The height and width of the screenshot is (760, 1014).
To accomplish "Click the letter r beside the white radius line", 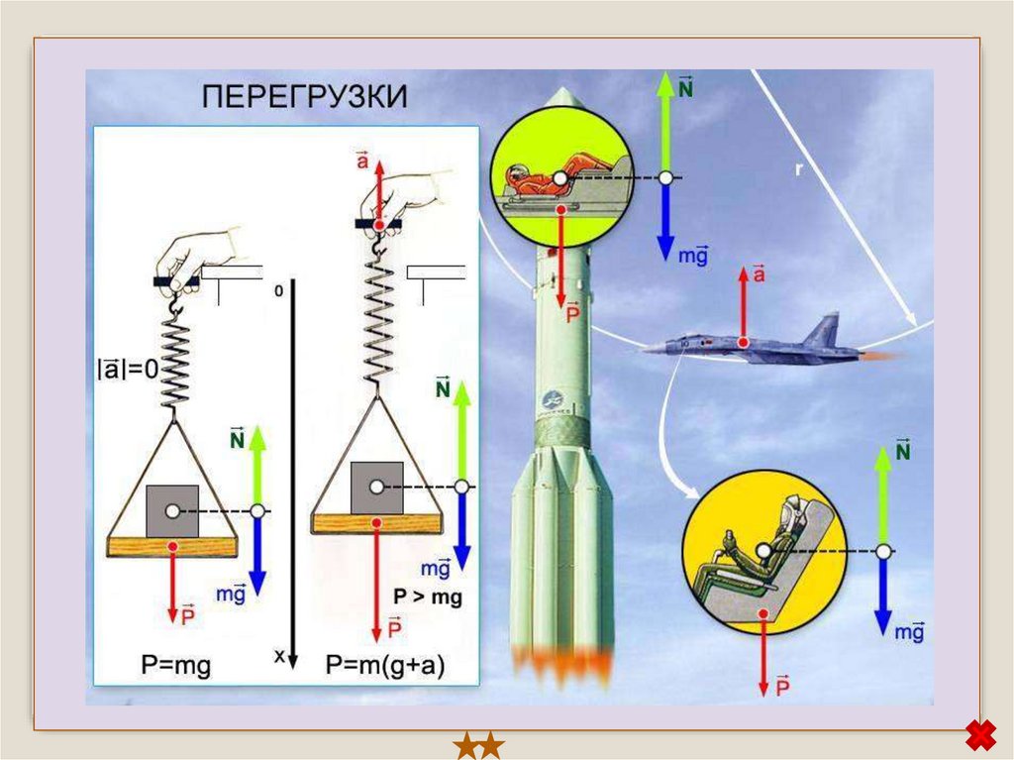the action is coord(799,169).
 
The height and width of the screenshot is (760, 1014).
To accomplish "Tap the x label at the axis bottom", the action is coord(279,655).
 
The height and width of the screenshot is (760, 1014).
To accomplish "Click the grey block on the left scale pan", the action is coord(172,510).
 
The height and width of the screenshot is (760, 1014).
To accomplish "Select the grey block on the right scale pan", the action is coord(377,488).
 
